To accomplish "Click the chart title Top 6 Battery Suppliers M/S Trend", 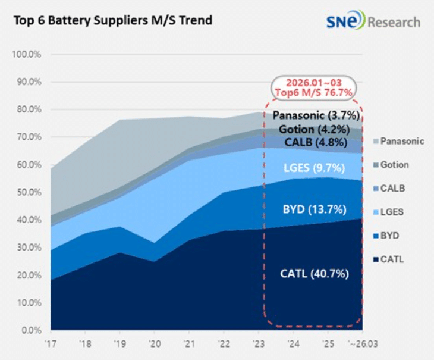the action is [x=113, y=20].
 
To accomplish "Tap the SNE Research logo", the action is [x=373, y=20].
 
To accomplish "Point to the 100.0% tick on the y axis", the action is [x=27, y=54].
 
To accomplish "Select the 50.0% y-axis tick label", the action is [x=29, y=192].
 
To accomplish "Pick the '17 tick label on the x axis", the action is [x=51, y=344].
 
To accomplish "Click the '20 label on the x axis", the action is [x=155, y=344].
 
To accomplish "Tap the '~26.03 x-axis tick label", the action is [x=363, y=344].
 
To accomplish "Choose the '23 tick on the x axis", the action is [x=258, y=344].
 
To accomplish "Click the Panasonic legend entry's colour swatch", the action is [x=376, y=141].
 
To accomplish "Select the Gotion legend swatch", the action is [x=376, y=165].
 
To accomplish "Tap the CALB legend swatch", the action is [x=376, y=189].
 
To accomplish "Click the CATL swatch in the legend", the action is [x=376, y=259].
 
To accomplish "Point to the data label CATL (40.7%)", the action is [x=315, y=274].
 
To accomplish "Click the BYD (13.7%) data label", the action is [x=315, y=209].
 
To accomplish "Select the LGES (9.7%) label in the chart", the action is [x=315, y=168].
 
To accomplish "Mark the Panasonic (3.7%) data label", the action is [x=316, y=115].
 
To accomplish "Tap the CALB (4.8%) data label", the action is [x=316, y=142].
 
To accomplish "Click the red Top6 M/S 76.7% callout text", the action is [x=313, y=92].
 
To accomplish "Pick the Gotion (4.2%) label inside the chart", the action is [x=314, y=129].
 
